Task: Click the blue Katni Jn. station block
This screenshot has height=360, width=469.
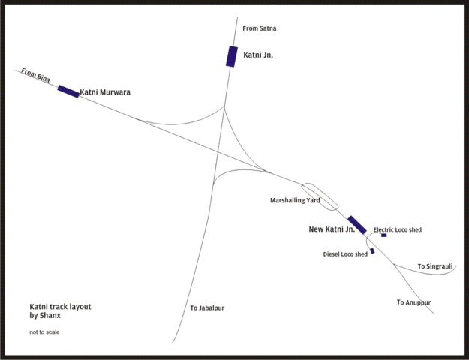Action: (232, 56)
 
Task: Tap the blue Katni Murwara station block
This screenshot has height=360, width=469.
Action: (68, 91)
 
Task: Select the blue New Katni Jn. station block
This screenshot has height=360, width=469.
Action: (357, 225)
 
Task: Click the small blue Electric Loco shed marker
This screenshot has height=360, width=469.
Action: (383, 235)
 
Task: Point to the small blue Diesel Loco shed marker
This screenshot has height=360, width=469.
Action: (372, 250)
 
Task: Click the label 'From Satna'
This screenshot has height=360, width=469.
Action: (260, 28)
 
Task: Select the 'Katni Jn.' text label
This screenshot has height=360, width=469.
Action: (258, 55)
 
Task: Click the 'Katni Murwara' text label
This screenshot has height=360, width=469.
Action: (105, 92)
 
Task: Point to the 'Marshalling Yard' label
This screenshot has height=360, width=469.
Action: (295, 201)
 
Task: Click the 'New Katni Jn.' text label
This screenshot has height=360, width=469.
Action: (331, 229)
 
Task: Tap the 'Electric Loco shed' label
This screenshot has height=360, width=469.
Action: (398, 229)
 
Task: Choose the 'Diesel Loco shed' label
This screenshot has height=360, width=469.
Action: (345, 254)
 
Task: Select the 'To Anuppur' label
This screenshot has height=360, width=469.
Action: (413, 302)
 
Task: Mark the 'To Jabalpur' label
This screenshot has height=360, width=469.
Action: (207, 308)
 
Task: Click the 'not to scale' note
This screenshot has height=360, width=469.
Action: (45, 331)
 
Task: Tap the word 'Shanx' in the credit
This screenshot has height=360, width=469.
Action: (50, 316)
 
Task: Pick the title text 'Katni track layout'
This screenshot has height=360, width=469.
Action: (60, 307)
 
